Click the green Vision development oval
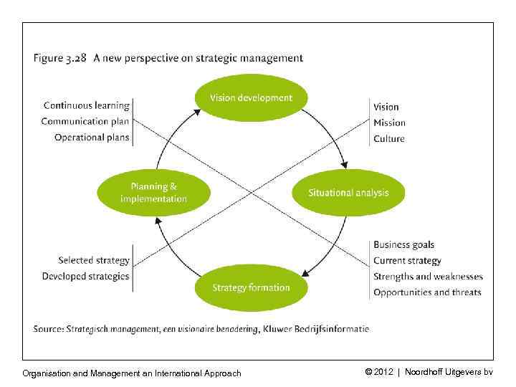[x=251, y=97]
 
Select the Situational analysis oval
[x=348, y=193]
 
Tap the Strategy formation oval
[x=251, y=288]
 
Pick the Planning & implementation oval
[x=154, y=193]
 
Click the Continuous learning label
[x=86, y=106]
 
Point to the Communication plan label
[x=85, y=122]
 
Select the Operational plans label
[x=92, y=138]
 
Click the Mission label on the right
[x=389, y=123]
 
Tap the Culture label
[x=389, y=138]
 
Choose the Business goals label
[x=403, y=245]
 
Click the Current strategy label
[x=407, y=261]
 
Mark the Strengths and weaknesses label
[x=428, y=277]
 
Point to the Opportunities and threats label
[x=427, y=292]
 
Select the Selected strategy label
[x=93, y=261]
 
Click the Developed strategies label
[x=85, y=277]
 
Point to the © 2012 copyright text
[x=381, y=372]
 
